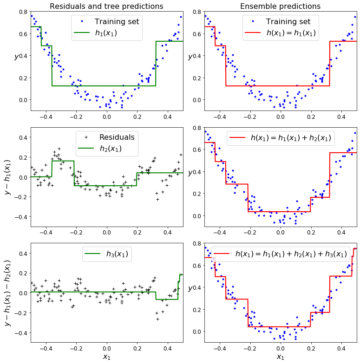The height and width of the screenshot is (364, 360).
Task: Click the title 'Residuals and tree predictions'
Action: (x=106, y=6)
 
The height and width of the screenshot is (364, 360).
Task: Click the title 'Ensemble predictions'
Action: (x=280, y=6)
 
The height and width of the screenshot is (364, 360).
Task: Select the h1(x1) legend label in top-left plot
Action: (x=106, y=33)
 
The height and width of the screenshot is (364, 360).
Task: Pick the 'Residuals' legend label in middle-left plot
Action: (x=117, y=137)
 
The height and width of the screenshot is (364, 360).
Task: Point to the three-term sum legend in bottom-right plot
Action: (x=291, y=253)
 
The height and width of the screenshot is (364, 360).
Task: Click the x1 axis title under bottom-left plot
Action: (x=107, y=357)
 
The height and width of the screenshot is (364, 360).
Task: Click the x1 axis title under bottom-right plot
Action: (x=280, y=357)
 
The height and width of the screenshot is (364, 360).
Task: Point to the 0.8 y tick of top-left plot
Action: (x=22, y=12)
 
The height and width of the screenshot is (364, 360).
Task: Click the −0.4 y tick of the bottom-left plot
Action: (x=20, y=332)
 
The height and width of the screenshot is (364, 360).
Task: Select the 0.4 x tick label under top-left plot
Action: (x=168, y=116)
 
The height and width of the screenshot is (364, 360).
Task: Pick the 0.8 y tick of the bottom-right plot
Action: (x=196, y=243)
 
